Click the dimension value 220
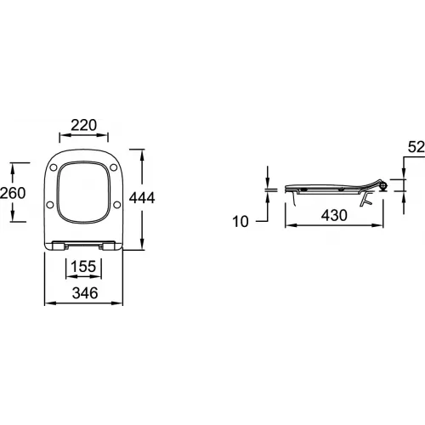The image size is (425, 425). click(x=83, y=125)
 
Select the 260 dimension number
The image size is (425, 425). click(x=13, y=193)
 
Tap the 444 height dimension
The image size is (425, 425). click(x=142, y=198)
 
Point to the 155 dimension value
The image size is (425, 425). click(x=83, y=267)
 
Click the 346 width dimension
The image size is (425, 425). click(x=85, y=293)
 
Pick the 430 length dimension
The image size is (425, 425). click(x=334, y=215)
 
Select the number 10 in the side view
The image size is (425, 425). click(x=241, y=222)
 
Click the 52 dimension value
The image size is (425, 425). click(x=416, y=147)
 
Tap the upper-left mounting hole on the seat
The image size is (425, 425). click(x=54, y=167)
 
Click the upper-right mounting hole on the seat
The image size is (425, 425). click(x=114, y=167)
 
